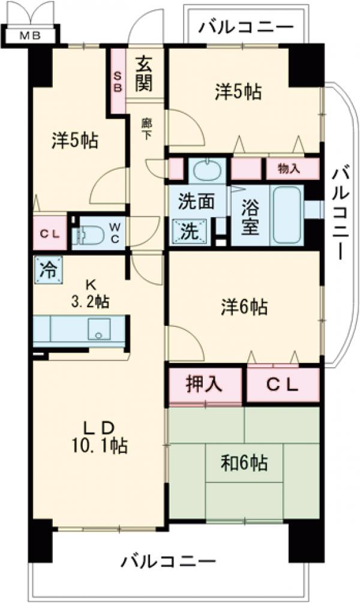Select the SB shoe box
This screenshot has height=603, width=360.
pos(117,81)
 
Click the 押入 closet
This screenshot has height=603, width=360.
pos(204,384)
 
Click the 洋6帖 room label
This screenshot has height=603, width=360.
pos(244,308)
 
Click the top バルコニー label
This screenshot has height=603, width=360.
pos(246,27)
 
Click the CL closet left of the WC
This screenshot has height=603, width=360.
pos(50,233)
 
